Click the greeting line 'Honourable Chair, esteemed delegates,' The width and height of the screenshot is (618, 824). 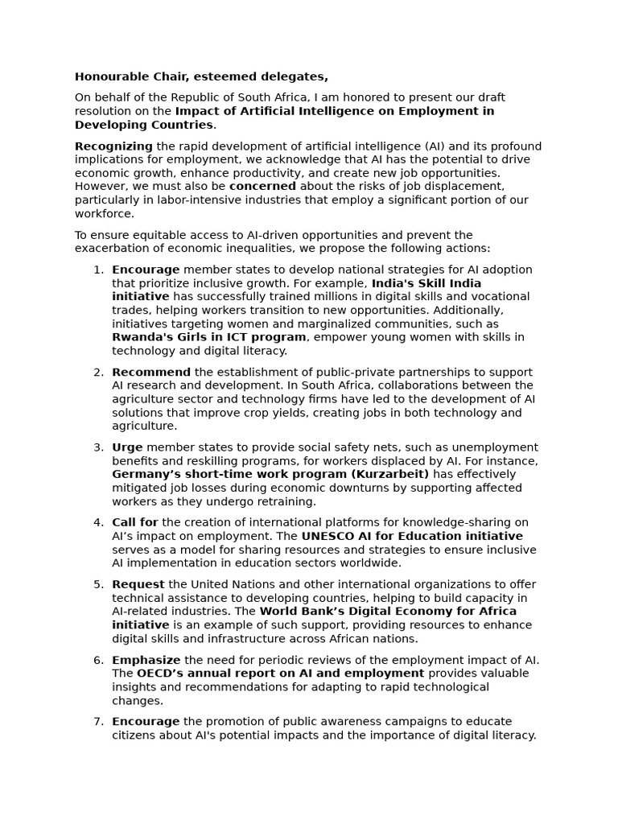[x=201, y=77]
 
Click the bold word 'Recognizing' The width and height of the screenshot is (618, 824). [x=113, y=146]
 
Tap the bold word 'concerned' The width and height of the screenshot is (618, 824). [x=262, y=187]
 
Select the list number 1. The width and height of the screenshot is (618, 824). [x=98, y=270]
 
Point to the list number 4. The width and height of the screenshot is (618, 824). [x=98, y=523]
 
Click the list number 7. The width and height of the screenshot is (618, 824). [x=98, y=722]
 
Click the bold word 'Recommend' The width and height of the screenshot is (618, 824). [x=151, y=373]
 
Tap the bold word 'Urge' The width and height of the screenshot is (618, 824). [x=127, y=447]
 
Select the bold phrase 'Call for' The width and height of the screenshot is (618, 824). [x=135, y=523]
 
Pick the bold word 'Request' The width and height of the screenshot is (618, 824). [x=138, y=584]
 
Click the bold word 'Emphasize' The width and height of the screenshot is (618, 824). [x=146, y=660]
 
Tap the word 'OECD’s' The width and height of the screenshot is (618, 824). [x=159, y=674]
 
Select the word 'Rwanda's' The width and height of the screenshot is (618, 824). [x=140, y=338]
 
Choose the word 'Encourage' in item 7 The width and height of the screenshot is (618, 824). [x=146, y=722]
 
